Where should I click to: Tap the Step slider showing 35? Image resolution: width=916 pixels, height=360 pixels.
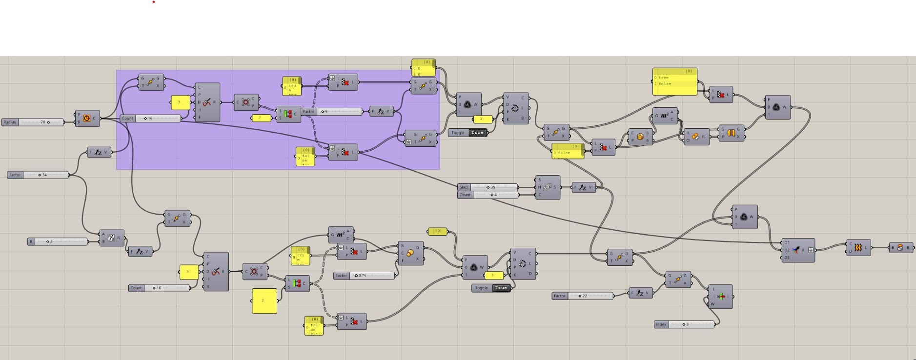click(488, 187)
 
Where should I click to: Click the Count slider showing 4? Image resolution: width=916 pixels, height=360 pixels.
click(488, 195)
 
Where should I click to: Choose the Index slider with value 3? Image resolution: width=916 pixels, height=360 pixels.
click(684, 324)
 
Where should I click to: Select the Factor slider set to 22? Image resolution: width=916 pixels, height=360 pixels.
click(583, 296)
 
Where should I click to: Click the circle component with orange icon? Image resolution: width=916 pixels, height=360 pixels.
click(87, 118)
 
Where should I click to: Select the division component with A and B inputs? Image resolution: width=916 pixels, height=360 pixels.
click(111, 238)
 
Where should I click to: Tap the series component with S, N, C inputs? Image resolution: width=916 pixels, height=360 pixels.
click(548, 187)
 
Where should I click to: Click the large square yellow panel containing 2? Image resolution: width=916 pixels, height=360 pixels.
click(264, 300)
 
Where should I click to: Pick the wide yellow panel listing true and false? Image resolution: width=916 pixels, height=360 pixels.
click(674, 81)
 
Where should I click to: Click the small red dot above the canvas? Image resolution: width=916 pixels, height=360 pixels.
click(154, 2)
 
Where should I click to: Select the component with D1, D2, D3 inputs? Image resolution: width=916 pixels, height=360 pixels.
click(797, 250)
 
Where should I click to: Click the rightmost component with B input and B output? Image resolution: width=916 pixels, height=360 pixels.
click(900, 248)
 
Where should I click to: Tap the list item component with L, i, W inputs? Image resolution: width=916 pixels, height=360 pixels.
click(720, 297)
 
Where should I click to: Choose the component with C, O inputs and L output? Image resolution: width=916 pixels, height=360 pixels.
click(858, 248)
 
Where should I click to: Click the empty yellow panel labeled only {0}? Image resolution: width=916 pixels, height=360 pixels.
click(437, 231)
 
